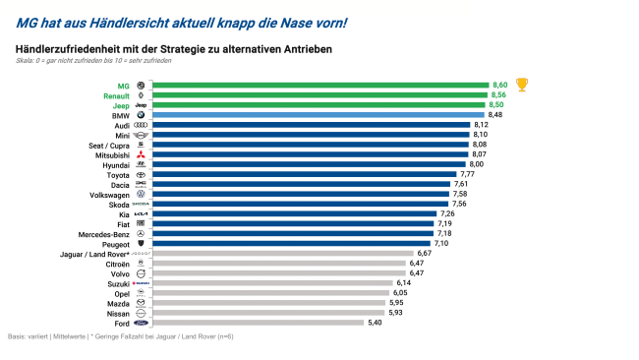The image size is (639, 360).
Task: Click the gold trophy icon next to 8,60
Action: click(x=522, y=85)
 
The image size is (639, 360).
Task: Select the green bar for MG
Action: click(x=319, y=87)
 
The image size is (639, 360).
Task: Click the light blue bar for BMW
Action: click(x=318, y=115)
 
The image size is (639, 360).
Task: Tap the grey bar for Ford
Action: click(x=257, y=322)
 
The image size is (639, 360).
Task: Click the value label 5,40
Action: click(x=376, y=322)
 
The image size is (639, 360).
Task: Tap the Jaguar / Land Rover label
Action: click(x=89, y=253)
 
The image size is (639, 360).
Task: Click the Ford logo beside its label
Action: click(x=140, y=322)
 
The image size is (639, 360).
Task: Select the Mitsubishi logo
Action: click(x=141, y=155)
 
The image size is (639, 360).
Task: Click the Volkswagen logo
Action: click(x=141, y=194)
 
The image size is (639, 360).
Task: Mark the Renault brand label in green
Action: click(x=115, y=96)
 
